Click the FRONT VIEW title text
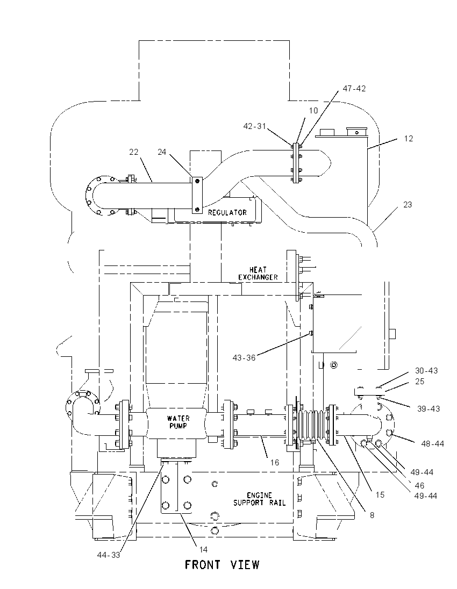(222, 565)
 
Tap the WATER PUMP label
(178, 422)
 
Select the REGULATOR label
(227, 212)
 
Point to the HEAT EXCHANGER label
(258, 274)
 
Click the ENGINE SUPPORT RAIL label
(259, 499)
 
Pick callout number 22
(134, 152)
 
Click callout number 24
(162, 152)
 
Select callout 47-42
(354, 89)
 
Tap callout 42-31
(254, 126)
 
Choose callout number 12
(409, 139)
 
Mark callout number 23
(408, 205)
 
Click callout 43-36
(244, 358)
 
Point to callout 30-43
(426, 371)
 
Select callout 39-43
(429, 408)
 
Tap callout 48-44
(433, 444)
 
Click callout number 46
(419, 486)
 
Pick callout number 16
(275, 462)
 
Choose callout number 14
(203, 550)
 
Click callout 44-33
(108, 555)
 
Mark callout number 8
(372, 515)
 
